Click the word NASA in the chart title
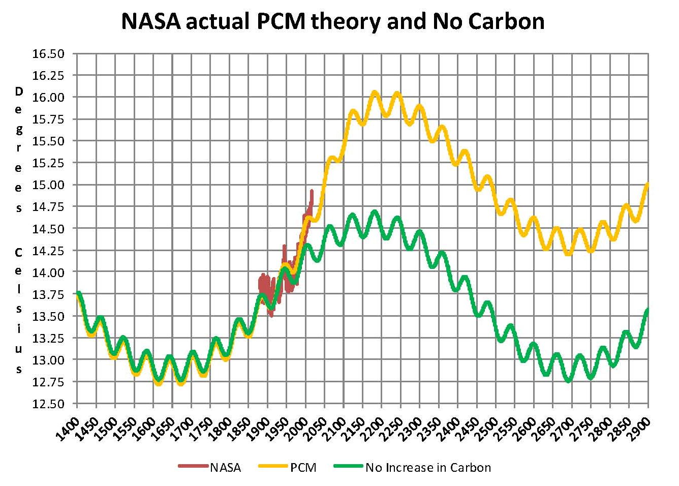pyautogui.click(x=150, y=21)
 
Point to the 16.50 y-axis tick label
pyautogui.click(x=48, y=53)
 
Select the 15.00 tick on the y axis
pyautogui.click(x=48, y=185)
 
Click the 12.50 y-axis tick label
pyautogui.click(x=48, y=404)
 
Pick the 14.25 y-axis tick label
pyautogui.click(x=48, y=251)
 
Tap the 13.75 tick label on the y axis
pyautogui.click(x=48, y=294)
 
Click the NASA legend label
pyautogui.click(x=225, y=468)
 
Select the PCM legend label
pyautogui.click(x=303, y=468)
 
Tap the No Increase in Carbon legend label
pyautogui.click(x=428, y=468)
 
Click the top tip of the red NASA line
pyautogui.click(x=312, y=191)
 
